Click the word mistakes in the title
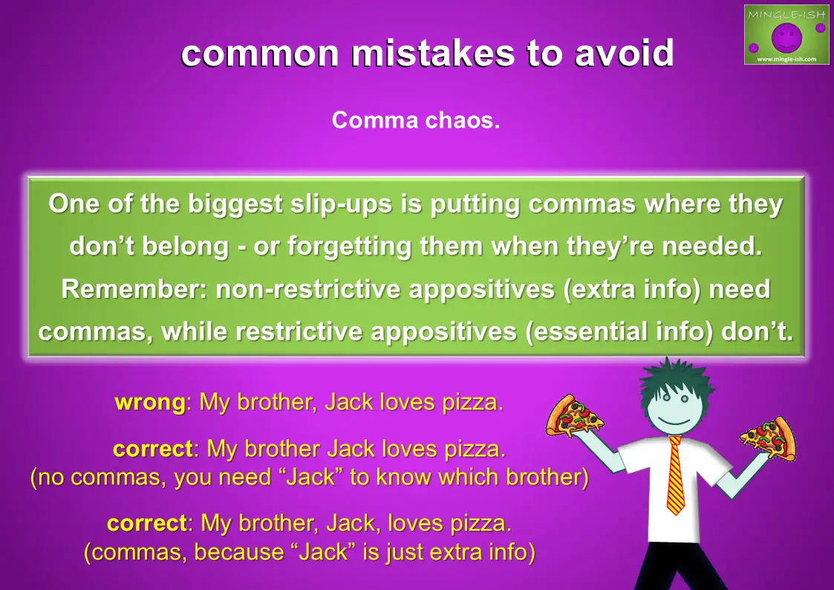coord(433,53)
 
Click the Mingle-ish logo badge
coord(786,35)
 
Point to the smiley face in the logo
coord(786,37)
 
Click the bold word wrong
coord(150,402)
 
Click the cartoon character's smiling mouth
coord(674,421)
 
